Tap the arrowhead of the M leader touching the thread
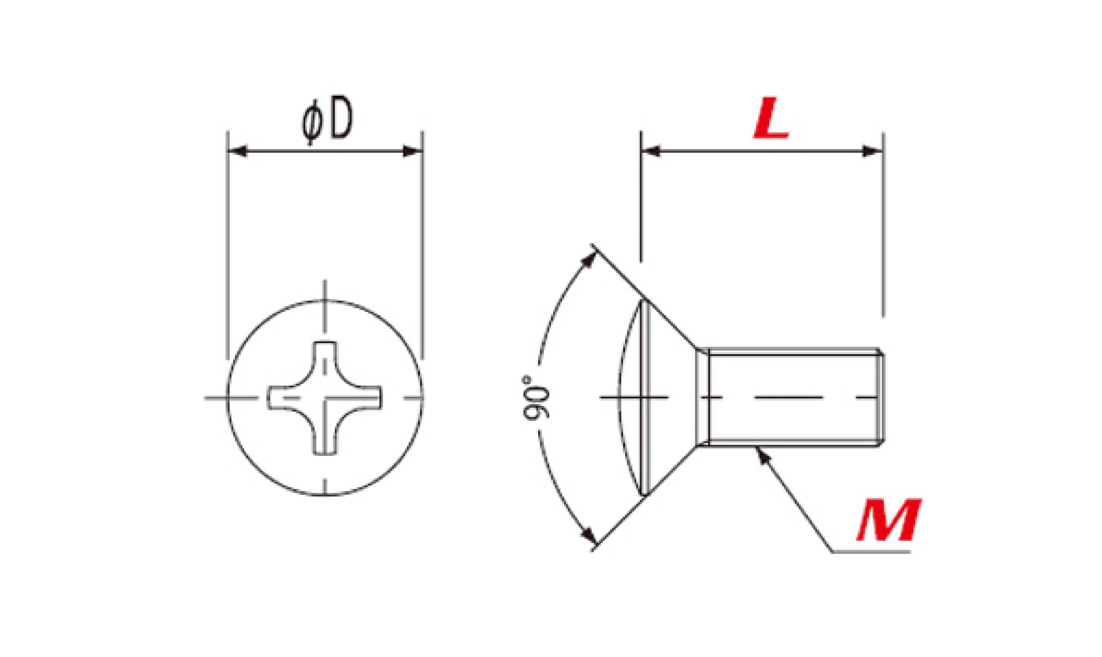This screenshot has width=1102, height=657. point(761,456)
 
